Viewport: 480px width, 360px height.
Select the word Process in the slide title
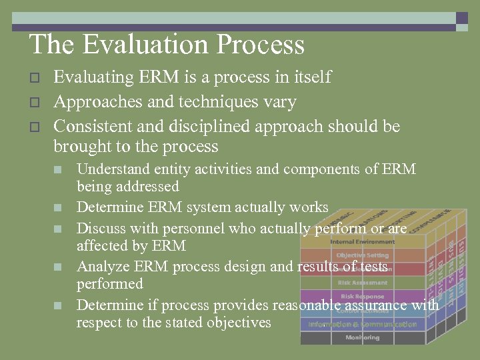pos(265,45)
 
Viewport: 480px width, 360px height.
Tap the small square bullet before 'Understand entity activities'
pos(58,170)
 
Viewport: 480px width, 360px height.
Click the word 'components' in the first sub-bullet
pos(323,169)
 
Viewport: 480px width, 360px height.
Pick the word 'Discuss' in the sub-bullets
pos(100,229)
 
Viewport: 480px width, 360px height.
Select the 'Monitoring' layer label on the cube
pos(362,338)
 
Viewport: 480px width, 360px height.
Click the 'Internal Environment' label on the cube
pos(362,242)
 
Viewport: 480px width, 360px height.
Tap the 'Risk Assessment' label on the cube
pos(362,283)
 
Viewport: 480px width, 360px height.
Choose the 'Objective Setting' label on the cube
pos(362,255)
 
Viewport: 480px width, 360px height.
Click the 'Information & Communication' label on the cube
pos(362,325)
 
